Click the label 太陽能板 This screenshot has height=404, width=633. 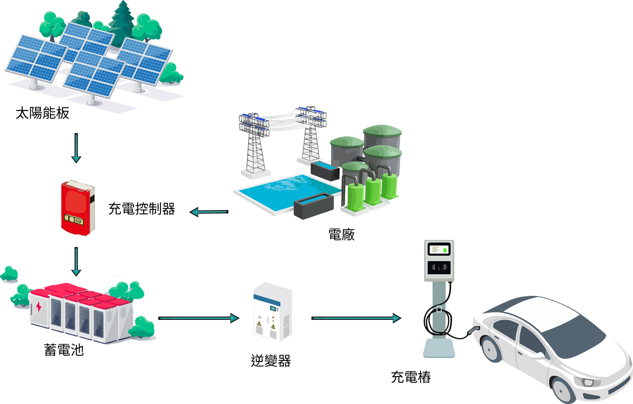(x=43, y=113)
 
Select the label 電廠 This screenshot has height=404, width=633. (x=341, y=235)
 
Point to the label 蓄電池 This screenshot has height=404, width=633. (x=64, y=350)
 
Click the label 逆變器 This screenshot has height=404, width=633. (x=271, y=361)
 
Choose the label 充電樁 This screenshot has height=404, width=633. (x=411, y=377)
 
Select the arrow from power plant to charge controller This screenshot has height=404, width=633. (x=209, y=212)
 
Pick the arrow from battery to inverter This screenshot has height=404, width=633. (x=199, y=318)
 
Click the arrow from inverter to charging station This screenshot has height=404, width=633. (x=356, y=318)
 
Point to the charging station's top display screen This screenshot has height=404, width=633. (x=439, y=249)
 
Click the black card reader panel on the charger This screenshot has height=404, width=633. (x=439, y=268)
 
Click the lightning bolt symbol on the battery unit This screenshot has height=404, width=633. (x=39, y=307)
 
